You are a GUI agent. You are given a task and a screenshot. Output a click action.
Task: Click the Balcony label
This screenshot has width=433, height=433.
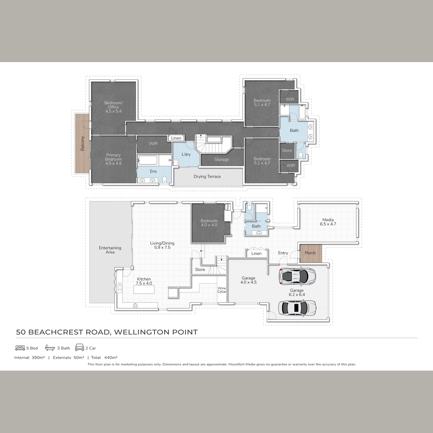(83, 143)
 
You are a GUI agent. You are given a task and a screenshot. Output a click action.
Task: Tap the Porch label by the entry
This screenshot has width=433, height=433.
(310, 253)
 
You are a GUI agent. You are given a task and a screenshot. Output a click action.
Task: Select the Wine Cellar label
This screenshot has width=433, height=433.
(222, 290)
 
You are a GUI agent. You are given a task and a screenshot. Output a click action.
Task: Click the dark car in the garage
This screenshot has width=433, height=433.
(297, 276)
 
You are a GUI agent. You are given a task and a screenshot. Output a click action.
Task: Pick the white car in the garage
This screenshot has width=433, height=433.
(297, 308)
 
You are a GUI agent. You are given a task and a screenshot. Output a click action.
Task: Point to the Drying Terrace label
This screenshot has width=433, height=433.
(207, 176)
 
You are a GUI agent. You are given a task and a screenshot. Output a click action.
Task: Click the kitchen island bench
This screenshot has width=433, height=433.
(144, 289)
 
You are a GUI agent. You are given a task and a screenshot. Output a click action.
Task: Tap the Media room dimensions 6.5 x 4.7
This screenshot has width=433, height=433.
(328, 224)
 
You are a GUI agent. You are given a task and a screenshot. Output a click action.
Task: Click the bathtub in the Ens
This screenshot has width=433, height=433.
(148, 160)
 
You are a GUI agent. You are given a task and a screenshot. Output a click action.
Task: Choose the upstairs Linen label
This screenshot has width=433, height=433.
(176, 138)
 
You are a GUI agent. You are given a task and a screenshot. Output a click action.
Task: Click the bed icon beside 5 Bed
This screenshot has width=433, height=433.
(20, 348)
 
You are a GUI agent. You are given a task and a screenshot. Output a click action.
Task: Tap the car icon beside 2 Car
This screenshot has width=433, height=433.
(79, 347)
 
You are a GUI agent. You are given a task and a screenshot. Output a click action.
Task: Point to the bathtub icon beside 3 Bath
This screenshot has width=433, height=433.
(50, 348)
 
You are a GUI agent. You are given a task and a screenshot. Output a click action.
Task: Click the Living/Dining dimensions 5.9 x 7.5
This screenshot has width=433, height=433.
(162, 248)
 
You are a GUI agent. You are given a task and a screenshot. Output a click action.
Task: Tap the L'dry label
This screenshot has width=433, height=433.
(186, 154)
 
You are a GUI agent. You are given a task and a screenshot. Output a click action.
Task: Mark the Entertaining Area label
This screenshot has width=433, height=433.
(110, 250)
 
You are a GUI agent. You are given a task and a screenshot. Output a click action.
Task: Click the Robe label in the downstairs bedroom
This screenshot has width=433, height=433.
(227, 207)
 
